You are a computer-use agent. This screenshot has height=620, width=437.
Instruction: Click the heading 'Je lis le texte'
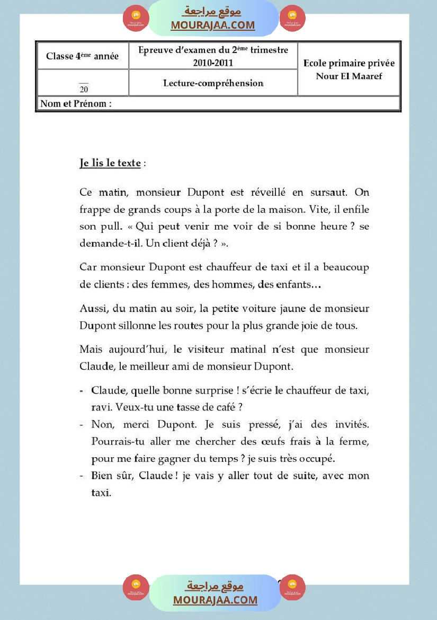click(110, 163)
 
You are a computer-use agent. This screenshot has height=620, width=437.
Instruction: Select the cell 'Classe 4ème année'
click(82, 56)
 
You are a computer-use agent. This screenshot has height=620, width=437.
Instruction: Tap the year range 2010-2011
click(213, 63)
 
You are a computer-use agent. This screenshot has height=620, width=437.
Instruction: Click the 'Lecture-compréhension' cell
click(213, 83)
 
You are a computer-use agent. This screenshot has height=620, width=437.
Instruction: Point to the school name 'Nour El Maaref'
click(349, 76)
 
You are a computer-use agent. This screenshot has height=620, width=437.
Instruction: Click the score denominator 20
click(84, 89)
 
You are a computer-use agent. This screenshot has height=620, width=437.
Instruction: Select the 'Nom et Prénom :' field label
click(76, 103)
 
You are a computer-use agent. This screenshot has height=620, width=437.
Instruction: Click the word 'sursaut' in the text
click(328, 192)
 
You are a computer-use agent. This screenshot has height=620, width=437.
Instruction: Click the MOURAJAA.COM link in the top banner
click(213, 25)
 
